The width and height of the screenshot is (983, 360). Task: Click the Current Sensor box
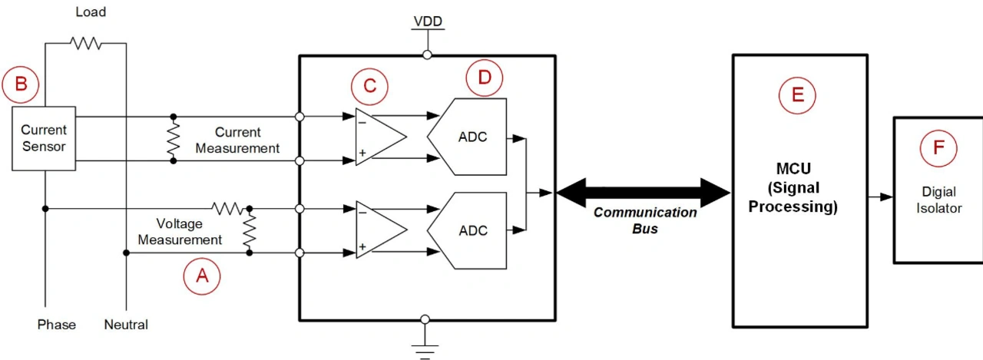click(x=44, y=138)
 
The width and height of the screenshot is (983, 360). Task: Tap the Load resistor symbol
click(x=86, y=44)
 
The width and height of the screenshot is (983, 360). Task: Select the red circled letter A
click(x=202, y=276)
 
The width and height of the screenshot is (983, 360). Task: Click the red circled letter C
click(x=369, y=86)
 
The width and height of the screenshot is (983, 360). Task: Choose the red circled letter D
click(x=485, y=78)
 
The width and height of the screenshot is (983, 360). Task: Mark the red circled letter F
click(x=938, y=148)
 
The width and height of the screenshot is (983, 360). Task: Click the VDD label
click(x=426, y=21)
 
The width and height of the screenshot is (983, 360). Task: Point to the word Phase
click(x=57, y=325)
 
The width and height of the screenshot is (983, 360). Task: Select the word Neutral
click(x=126, y=325)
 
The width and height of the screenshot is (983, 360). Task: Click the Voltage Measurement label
click(x=180, y=232)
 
